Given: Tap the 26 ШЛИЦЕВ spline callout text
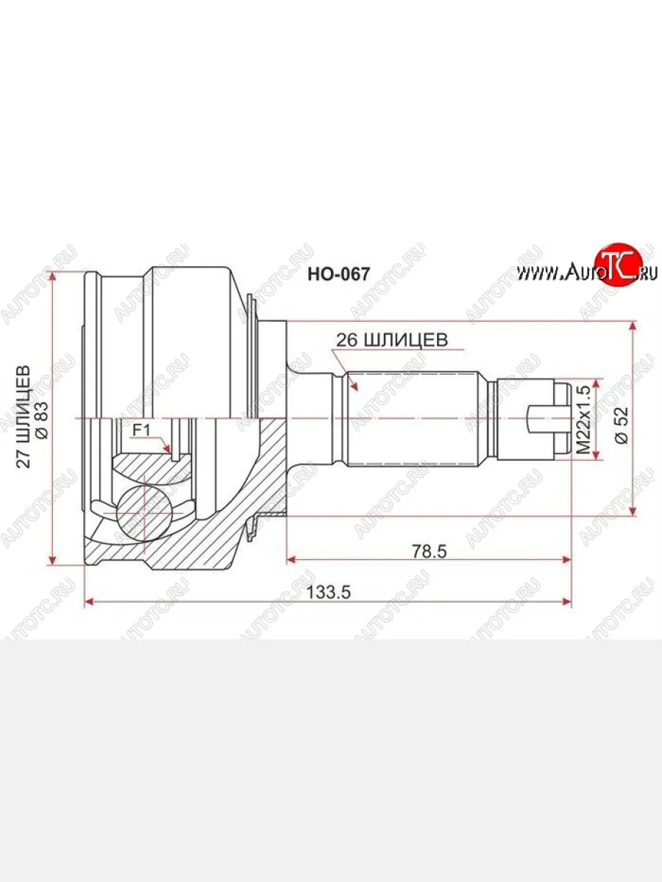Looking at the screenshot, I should tap(391, 340).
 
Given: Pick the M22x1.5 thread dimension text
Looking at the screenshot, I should tap(583, 420).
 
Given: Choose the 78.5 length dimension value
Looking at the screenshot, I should tap(431, 550).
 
